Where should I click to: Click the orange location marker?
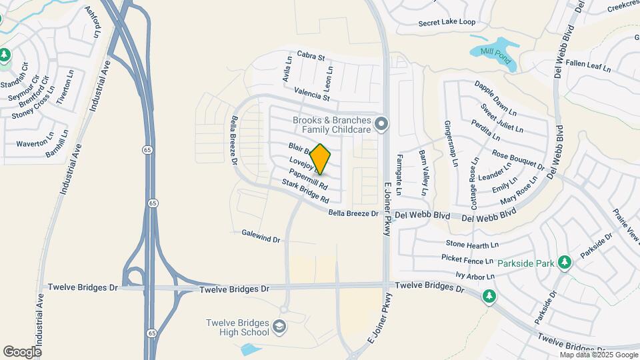tap(320, 159)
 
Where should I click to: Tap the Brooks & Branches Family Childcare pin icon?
tap(381, 124)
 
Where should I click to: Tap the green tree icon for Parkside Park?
tap(565, 262)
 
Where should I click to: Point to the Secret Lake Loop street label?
tap(447, 23)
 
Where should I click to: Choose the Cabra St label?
tap(311, 57)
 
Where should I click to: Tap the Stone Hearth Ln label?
tap(472, 245)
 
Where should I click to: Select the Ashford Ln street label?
tap(92, 22)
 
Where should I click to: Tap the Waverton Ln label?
tap(35, 143)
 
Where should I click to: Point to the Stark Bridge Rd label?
tap(305, 191)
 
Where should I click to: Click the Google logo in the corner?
tap(22, 351)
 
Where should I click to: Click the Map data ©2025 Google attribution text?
tap(599, 355)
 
